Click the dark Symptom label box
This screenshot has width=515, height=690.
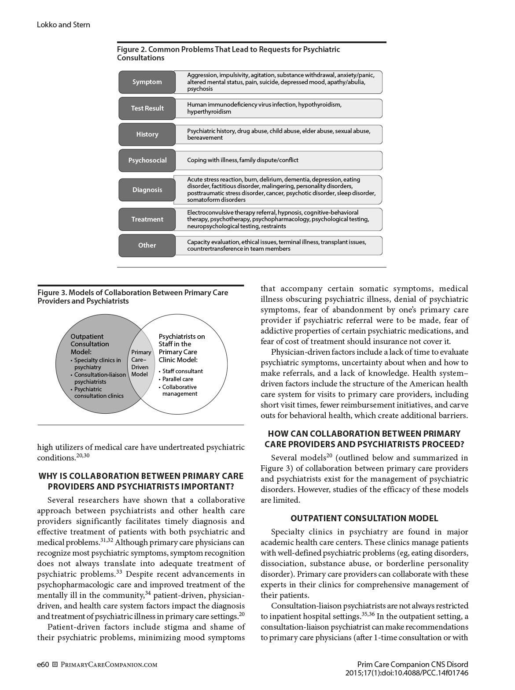pyautogui.click(x=147, y=82)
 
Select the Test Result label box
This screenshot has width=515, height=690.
pyautogui.click(x=147, y=108)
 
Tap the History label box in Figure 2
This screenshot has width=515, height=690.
pyautogui.click(x=147, y=134)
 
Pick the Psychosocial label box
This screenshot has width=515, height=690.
pyautogui.click(x=147, y=160)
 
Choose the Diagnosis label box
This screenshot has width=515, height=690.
pyautogui.click(x=147, y=190)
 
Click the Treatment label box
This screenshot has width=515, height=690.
pyautogui.click(x=147, y=219)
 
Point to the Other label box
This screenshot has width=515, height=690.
pyautogui.click(x=147, y=245)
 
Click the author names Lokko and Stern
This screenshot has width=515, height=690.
pyautogui.click(x=63, y=25)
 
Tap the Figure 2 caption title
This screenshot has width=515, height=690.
pyautogui.click(x=228, y=54)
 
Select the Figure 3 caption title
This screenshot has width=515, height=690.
pyautogui.click(x=132, y=297)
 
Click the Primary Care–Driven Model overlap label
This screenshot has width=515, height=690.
pyautogui.click(x=141, y=363)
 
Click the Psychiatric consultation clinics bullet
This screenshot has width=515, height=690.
pyautogui.click(x=99, y=393)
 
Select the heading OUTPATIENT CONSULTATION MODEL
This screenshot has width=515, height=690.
pyautogui.click(x=364, y=518)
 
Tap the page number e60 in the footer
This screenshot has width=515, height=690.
pyautogui.click(x=43, y=664)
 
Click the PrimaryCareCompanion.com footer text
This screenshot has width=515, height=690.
pyautogui.click(x=108, y=665)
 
